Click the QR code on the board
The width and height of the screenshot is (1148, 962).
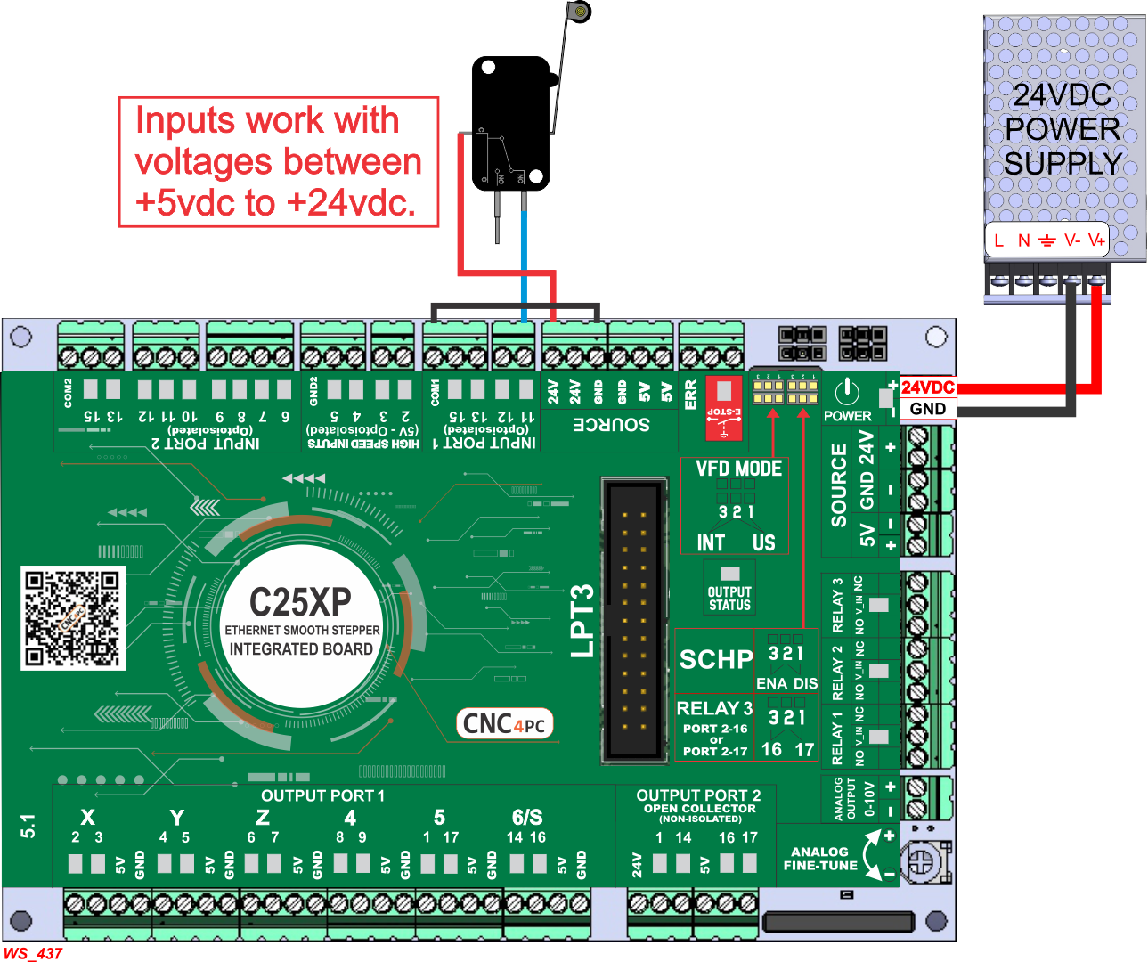pos(72,618)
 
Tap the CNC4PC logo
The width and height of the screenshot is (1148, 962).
pos(504,723)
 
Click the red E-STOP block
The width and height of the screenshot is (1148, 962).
pos(724,408)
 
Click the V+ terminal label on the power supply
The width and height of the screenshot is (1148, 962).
pos(1095,240)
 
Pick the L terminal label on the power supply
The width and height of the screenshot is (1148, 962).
pos(999,240)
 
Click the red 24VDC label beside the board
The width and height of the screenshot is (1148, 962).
pos(927,387)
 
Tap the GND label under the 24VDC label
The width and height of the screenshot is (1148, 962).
pos(927,409)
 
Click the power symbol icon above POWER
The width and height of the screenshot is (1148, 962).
pos(847,391)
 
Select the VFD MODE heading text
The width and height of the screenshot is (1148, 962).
pos(738,469)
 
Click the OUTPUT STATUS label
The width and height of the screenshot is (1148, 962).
pos(729,599)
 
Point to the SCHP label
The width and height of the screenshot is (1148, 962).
pos(716,660)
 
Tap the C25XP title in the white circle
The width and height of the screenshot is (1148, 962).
pos(300,603)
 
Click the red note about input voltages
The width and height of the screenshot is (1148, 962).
pos(279,162)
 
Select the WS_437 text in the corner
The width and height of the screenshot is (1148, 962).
pos(33,953)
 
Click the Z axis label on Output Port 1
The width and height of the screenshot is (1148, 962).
pos(263,818)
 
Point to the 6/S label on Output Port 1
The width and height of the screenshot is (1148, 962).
pos(527,818)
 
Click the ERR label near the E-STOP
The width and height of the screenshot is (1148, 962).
pos(691,395)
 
